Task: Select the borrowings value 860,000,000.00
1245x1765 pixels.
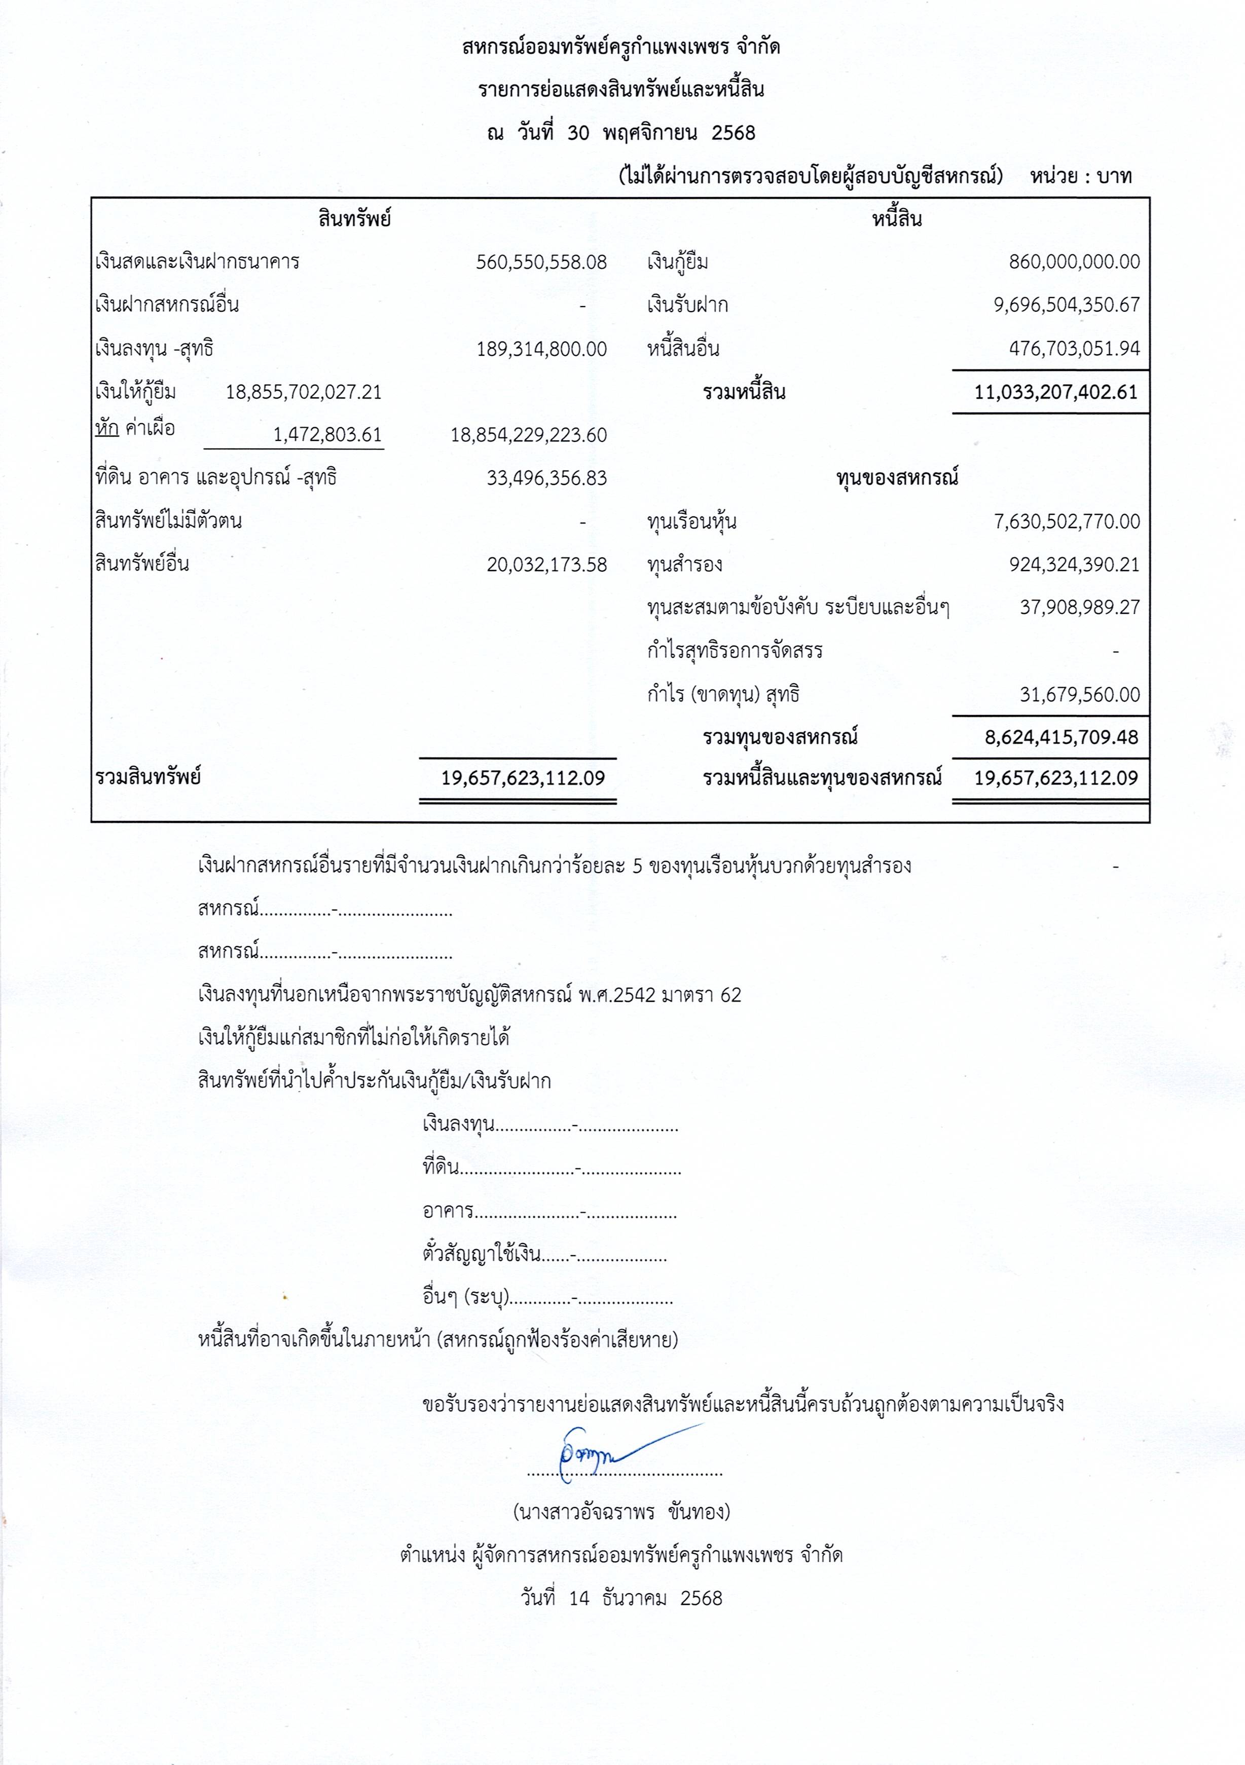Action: click(1074, 262)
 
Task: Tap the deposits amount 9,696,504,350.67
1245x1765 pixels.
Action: click(1066, 305)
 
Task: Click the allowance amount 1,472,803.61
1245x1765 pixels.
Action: click(327, 435)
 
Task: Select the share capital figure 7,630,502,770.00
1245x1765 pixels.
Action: click(1066, 522)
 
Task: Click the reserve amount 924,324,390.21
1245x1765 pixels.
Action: click(1074, 565)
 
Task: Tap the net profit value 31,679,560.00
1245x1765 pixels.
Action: click(1079, 695)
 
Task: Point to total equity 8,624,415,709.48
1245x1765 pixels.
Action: click(1060, 737)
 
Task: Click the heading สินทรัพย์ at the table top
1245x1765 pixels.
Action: click(354, 219)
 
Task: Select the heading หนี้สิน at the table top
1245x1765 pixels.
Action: click(897, 219)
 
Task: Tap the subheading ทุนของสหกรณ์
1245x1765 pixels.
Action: click(897, 478)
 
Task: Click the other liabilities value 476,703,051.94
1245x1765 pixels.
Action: click(1074, 349)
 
